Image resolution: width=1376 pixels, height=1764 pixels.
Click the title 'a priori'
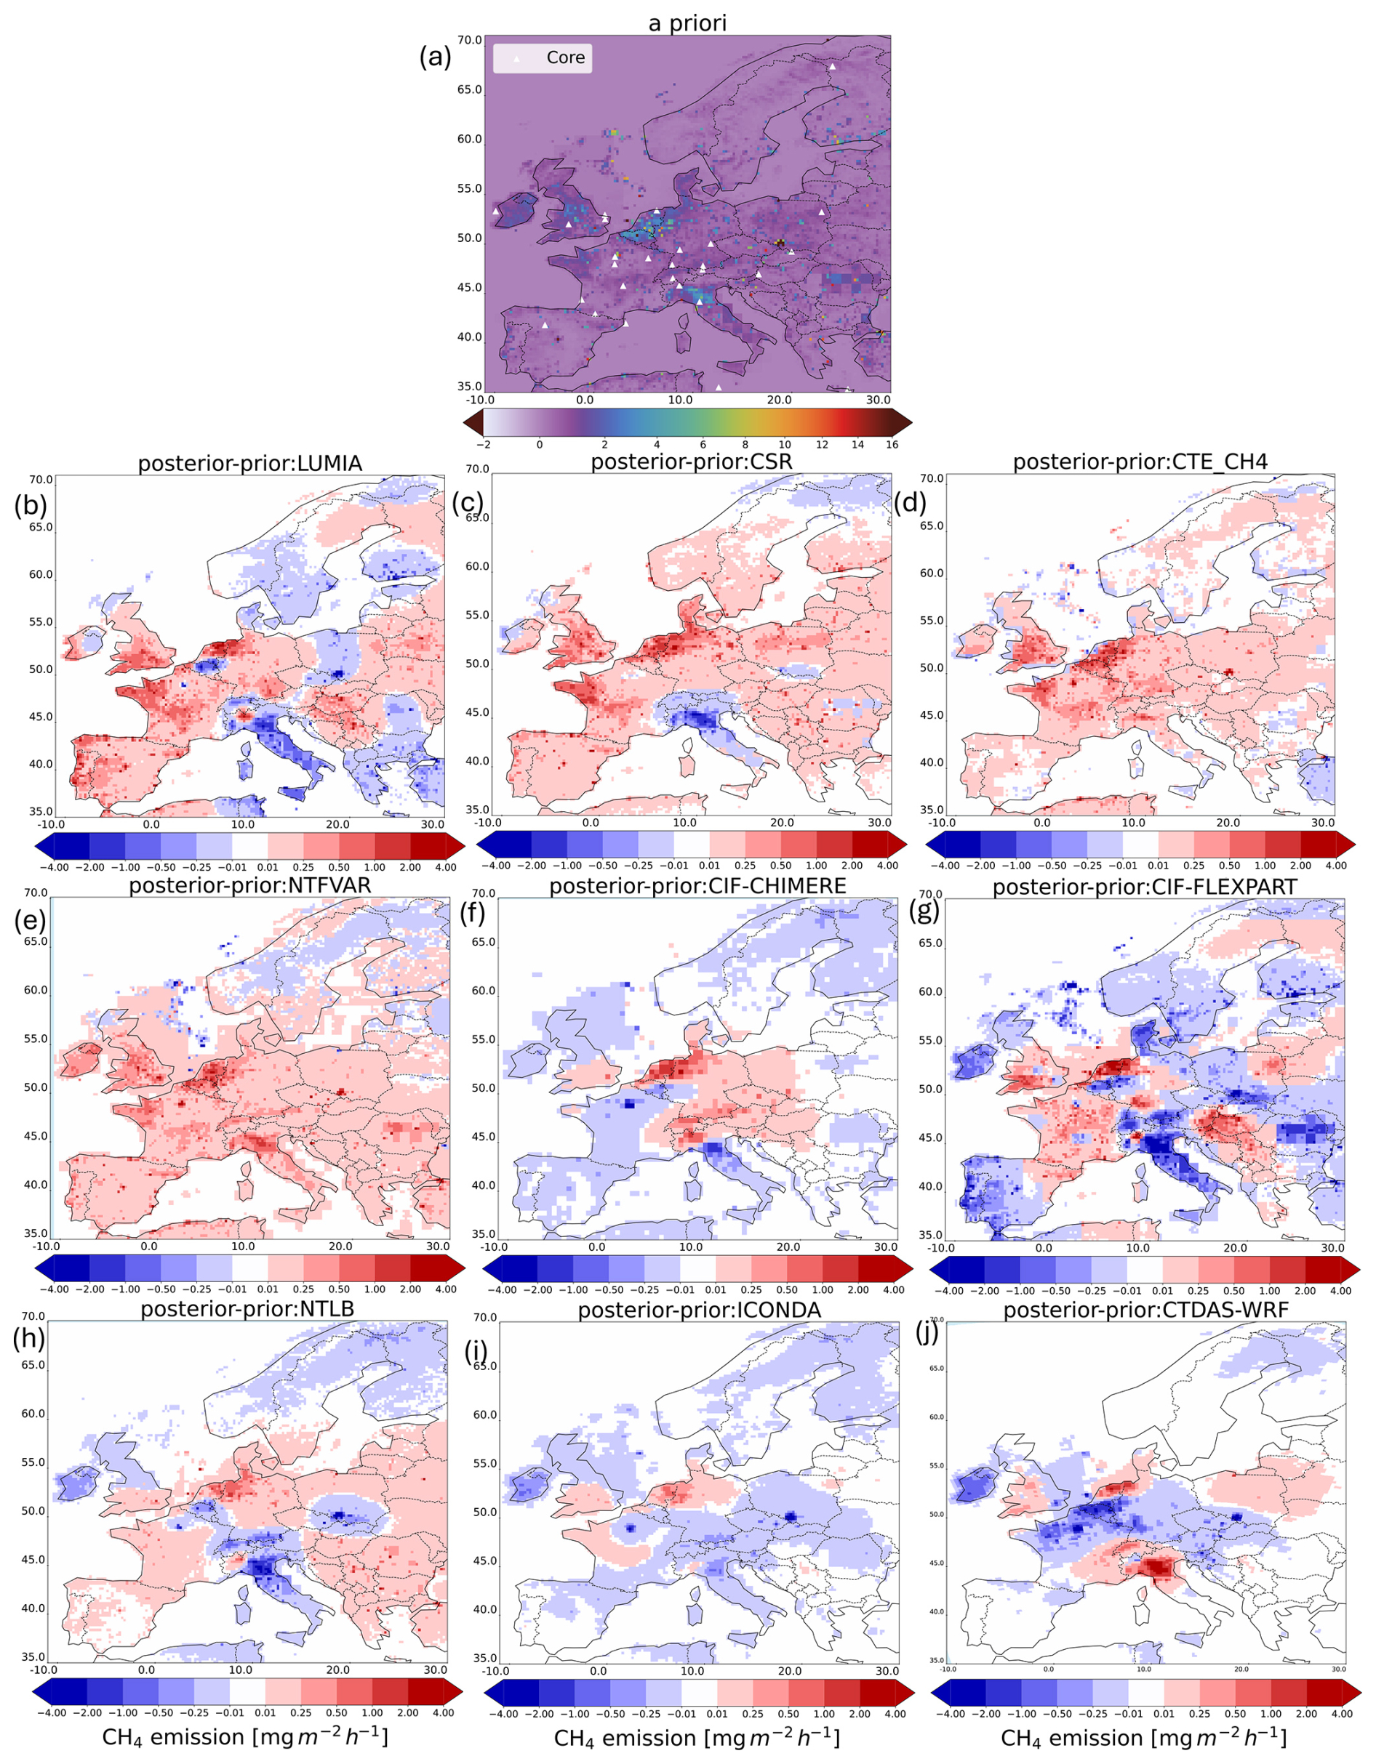pos(687,23)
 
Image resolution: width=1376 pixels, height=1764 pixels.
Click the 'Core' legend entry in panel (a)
pos(565,57)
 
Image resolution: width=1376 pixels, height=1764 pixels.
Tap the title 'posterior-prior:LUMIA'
pos(249,464)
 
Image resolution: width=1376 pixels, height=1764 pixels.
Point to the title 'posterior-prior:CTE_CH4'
pos(1140,462)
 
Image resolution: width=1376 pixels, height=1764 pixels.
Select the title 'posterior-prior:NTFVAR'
pos(249,885)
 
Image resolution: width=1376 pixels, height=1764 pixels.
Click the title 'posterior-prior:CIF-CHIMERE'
pos(697,886)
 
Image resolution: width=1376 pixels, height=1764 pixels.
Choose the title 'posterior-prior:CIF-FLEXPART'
pos(1144,887)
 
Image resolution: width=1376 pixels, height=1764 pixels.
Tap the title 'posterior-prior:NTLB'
pos(247,1309)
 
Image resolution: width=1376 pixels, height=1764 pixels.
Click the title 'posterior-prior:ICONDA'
pos(699,1310)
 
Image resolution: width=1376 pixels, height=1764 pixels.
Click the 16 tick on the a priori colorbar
pos(892,444)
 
